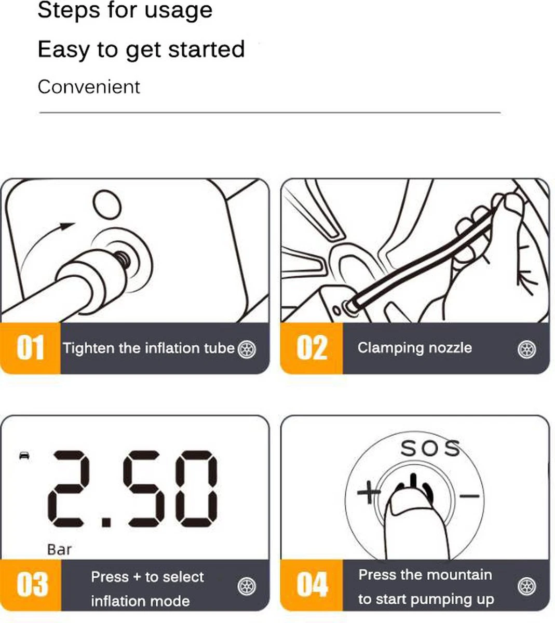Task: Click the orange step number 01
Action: tap(30, 347)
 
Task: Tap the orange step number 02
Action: tap(312, 347)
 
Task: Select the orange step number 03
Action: tap(32, 584)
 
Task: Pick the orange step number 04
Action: tap(312, 584)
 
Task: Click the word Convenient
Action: tap(89, 87)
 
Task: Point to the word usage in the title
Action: tap(179, 11)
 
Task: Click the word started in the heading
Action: tap(206, 49)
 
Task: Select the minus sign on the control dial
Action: tap(469, 495)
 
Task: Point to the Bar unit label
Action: tap(59, 549)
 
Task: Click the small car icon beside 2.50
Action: tap(24, 455)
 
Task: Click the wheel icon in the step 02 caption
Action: tap(527, 349)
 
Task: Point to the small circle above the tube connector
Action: tap(107, 205)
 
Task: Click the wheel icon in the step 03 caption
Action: tap(247, 586)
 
